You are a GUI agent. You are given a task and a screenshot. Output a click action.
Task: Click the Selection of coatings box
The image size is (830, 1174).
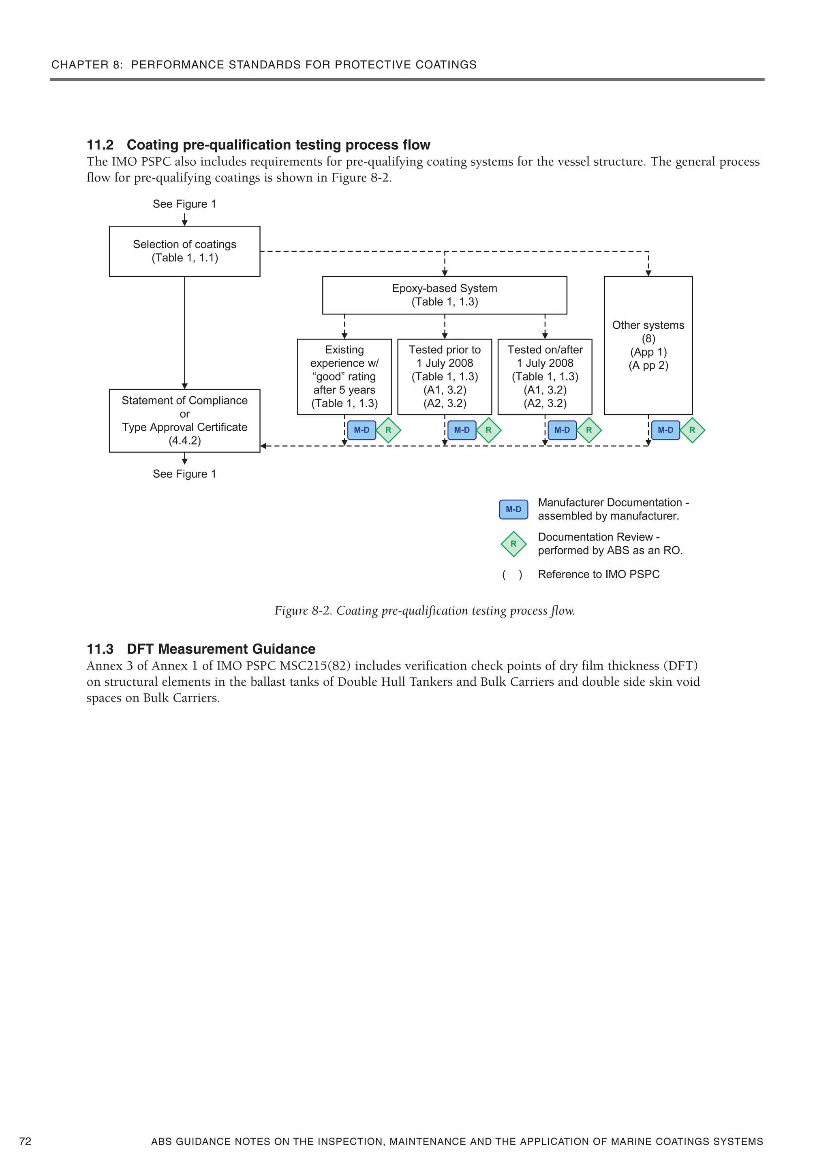coord(185,251)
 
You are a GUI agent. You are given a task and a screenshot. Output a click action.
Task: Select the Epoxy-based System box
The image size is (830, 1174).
coord(445,295)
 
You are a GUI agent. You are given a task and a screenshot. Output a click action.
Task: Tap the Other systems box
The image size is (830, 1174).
coord(648,345)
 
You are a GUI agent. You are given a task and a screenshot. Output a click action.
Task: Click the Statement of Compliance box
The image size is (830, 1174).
coord(185,420)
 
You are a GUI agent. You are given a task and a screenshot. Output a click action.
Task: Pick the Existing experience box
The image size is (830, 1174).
coord(344,376)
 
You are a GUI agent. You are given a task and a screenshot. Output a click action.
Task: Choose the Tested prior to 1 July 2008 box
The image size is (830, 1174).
coord(445,376)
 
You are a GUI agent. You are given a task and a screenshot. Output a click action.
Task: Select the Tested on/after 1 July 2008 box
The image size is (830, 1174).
coord(545,376)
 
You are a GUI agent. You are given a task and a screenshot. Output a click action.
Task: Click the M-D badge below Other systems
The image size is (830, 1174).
coord(665,430)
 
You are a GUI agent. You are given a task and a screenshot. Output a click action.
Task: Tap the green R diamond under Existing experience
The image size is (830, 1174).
coord(388,430)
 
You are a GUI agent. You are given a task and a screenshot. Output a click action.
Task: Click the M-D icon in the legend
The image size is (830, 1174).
coord(513,509)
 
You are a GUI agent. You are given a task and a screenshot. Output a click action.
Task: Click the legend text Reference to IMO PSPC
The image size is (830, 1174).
coord(598,574)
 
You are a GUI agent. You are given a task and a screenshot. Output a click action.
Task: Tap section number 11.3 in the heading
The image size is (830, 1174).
coord(100,649)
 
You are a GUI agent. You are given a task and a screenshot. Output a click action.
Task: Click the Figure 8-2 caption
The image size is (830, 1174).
coord(424,611)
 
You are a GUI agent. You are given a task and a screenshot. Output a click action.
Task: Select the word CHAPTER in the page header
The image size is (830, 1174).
coord(80,65)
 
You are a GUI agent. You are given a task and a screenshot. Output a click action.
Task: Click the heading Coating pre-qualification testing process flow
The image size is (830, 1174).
coord(278,145)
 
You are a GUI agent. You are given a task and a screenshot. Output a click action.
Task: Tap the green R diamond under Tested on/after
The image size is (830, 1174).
coord(588,430)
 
